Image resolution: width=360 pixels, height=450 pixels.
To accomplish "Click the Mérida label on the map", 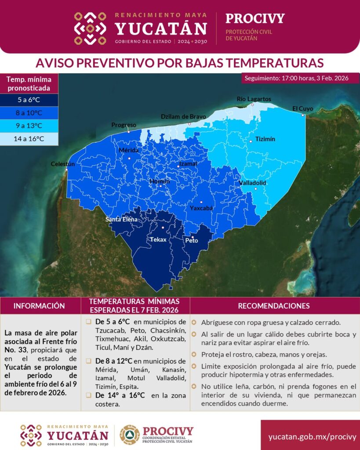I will (129, 150).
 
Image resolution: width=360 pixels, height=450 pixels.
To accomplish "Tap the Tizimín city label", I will (265, 139).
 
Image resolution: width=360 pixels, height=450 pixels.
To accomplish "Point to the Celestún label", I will (63, 164).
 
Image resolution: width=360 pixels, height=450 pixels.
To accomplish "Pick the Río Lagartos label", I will (254, 99).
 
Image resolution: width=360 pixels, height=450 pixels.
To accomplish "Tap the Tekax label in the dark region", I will (158, 240).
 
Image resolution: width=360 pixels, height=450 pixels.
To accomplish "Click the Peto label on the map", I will (192, 240).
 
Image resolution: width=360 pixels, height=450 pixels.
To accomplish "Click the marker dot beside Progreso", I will (128, 131).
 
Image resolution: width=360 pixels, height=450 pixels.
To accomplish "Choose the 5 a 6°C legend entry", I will (29, 99).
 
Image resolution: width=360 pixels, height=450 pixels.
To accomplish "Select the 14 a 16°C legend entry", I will (29, 138).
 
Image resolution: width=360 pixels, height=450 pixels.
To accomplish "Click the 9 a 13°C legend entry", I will (29, 126).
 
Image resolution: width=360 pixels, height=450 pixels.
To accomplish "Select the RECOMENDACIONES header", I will (273, 305).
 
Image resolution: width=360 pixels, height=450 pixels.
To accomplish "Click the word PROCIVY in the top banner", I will (255, 18).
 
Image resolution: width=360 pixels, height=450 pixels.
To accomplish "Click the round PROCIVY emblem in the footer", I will (130, 435).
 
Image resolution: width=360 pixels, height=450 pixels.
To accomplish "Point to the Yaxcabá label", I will (201, 208).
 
